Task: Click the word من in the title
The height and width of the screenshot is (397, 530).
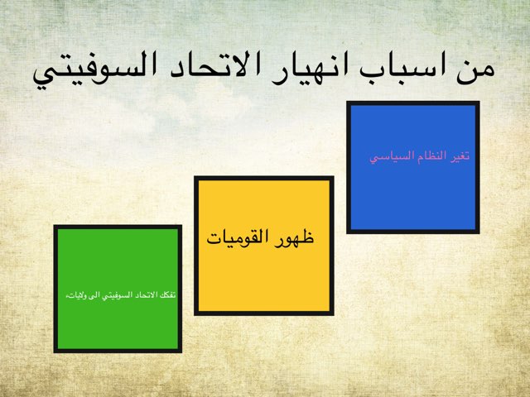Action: (474, 66)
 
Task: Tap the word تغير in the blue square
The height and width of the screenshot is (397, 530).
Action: (459, 155)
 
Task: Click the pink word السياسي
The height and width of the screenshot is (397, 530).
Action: (388, 156)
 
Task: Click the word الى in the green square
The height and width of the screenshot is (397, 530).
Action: (88, 294)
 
